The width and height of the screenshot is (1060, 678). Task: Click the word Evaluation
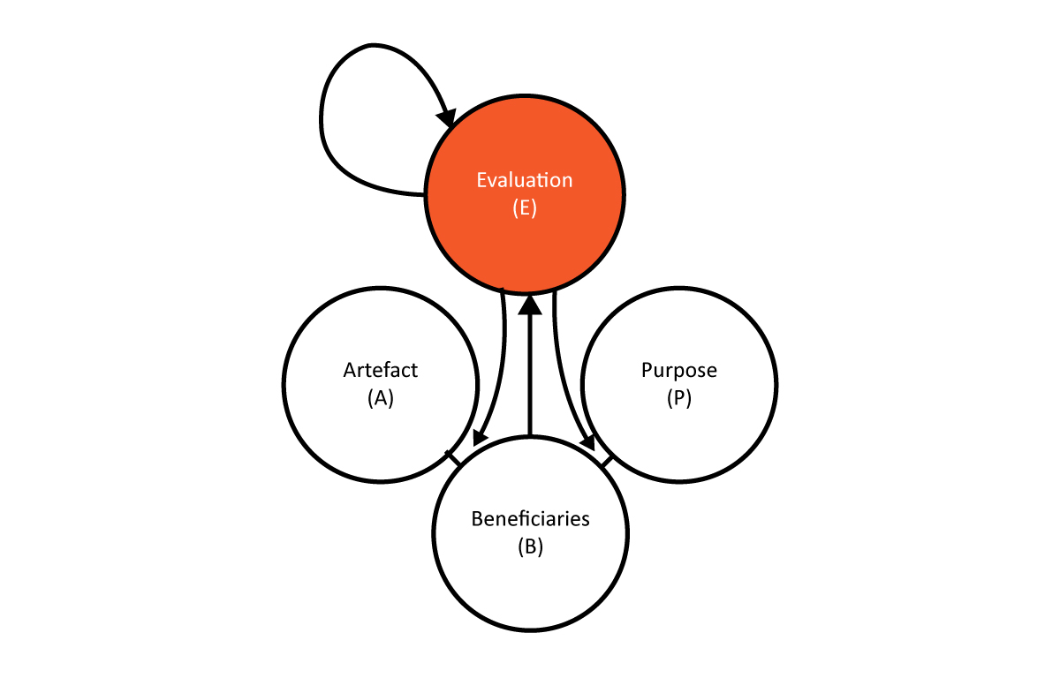[525, 180]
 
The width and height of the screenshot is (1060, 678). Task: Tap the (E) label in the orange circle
[525, 207]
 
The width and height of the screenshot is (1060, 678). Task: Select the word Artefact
[381, 370]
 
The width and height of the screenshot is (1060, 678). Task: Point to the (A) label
[381, 397]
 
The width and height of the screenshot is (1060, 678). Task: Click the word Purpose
[679, 370]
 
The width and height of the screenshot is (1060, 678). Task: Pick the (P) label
[679, 397]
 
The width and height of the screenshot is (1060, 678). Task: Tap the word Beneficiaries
[531, 519]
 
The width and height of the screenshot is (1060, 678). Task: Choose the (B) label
[531, 546]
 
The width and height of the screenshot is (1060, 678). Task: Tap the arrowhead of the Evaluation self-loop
[447, 118]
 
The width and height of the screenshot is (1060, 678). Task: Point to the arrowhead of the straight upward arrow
[530, 305]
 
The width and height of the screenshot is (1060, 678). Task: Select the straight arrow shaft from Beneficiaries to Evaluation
[530, 374]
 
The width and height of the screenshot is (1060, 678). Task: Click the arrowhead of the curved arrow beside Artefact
[481, 437]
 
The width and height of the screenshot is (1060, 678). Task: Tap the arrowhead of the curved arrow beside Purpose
[587, 441]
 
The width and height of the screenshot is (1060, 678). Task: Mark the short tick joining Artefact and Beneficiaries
[453, 458]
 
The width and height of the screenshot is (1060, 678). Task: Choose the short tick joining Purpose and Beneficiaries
[607, 462]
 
